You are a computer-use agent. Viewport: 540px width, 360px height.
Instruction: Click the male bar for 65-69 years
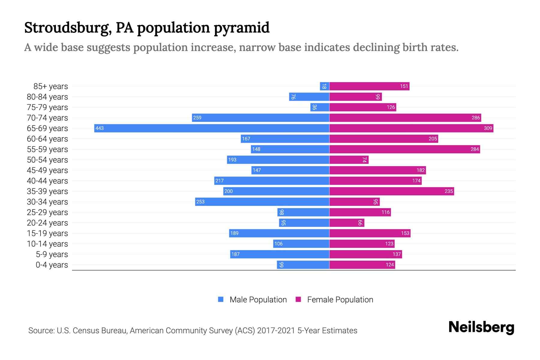coord(211,128)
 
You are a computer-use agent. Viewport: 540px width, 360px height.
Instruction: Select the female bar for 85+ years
coord(369,86)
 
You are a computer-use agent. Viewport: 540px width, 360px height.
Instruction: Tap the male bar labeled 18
coord(325,86)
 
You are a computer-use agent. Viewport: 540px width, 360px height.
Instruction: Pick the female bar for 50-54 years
coord(349,160)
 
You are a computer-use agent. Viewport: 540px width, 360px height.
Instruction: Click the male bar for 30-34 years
coord(262,202)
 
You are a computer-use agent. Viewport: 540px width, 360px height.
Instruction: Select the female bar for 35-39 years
coord(391,191)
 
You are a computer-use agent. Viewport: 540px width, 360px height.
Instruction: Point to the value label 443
coord(100,128)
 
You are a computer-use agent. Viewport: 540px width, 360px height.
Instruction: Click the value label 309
coord(488,128)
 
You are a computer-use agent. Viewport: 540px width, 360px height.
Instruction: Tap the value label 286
coord(475,118)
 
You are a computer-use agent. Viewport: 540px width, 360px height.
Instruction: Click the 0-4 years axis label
coord(52,265)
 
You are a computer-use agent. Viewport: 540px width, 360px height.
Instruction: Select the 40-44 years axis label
coord(47,181)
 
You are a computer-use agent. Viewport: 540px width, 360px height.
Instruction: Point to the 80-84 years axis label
coord(47,97)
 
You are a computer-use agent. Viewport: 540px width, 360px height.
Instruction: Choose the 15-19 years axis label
coord(47,233)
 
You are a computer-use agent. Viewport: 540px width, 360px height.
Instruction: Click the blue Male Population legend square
coord(221,299)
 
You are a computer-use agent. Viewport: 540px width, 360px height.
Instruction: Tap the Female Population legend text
coord(340,299)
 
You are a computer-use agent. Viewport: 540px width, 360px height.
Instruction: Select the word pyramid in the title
coord(241,28)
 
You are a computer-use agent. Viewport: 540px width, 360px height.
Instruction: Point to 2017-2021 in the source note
coord(276,330)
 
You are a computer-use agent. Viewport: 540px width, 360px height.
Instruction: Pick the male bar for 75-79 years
coord(320,107)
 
